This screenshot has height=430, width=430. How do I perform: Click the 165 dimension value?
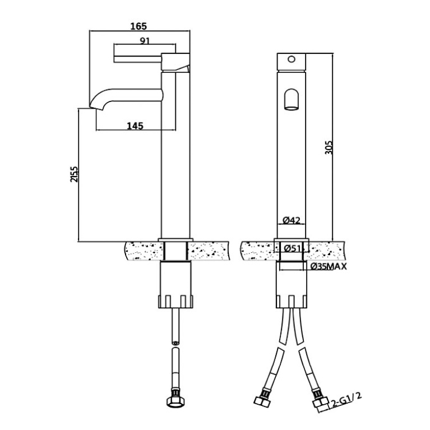pos(138,26)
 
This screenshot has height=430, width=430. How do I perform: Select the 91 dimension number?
pos(145,41)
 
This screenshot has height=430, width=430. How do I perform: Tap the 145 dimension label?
pos(135,126)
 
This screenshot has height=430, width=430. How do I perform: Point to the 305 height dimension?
pos(329,147)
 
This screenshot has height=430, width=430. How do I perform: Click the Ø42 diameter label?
pos(292,220)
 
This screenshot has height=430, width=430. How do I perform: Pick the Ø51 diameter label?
pos(293,248)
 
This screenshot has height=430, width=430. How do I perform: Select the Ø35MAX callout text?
pos(329,266)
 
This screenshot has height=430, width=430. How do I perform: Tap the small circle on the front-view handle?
pos(291,59)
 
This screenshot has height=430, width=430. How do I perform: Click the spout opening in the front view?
pos(291,99)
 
